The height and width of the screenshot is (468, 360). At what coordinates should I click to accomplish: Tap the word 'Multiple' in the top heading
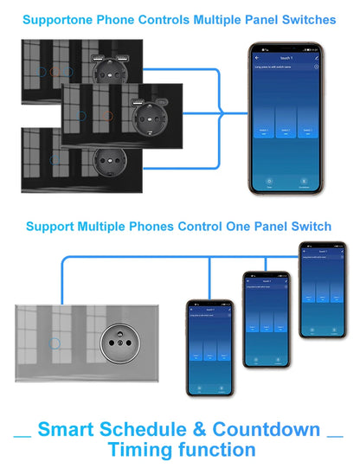coord(213,19)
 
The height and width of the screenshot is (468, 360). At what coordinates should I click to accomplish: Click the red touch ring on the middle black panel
coord(112,114)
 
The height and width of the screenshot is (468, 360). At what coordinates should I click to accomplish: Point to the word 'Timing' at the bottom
coord(141,450)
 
